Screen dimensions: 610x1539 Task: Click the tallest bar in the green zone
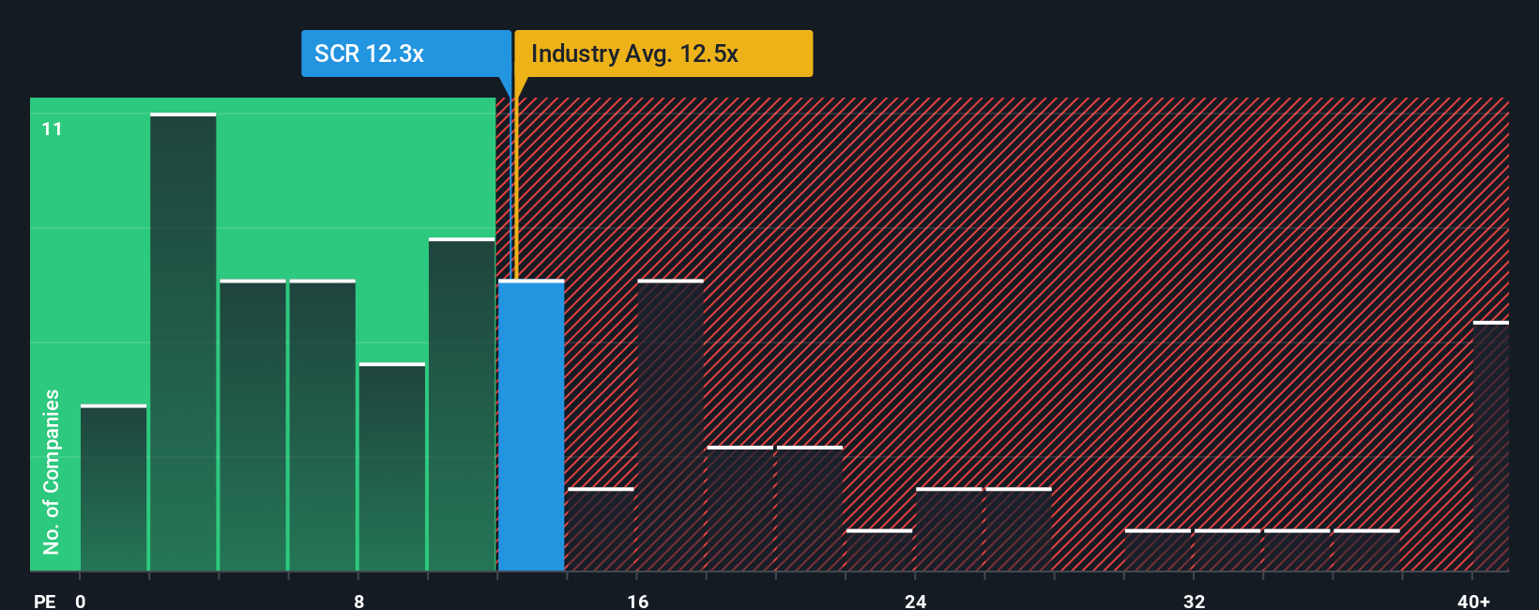[x=183, y=343]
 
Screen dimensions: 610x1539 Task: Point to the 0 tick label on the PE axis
[x=81, y=601]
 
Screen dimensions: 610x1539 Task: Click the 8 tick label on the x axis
[x=358, y=601]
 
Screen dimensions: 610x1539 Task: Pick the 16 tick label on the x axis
[x=637, y=601]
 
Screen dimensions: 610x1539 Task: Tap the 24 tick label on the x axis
[x=915, y=601]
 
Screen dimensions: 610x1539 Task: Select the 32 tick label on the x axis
[x=1194, y=601]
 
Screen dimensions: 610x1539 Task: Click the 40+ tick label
[x=1473, y=601]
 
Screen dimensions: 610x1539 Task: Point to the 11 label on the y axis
[x=53, y=129]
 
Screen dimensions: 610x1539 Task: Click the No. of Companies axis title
[x=52, y=471]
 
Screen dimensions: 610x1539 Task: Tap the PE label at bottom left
[x=45, y=601]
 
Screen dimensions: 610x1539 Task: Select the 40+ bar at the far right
[x=1490, y=447]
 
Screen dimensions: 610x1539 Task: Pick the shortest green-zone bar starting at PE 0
[x=114, y=488]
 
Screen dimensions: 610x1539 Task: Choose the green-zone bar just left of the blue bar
[x=462, y=404]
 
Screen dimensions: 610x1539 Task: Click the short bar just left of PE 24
[x=879, y=551]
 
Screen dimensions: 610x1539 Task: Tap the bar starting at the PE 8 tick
[x=392, y=467]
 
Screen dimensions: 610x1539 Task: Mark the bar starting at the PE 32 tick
[x=1227, y=551]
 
